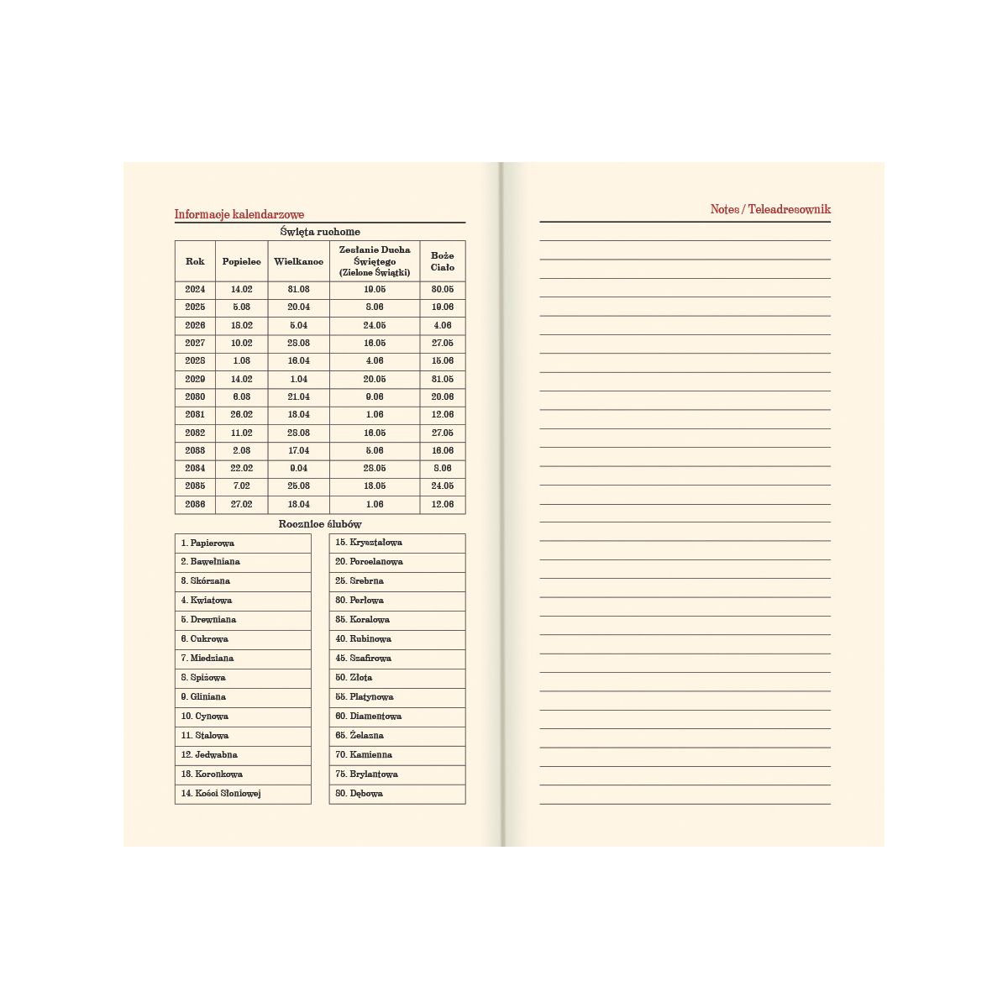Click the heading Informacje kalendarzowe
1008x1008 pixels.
239,214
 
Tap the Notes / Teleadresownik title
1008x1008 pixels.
770,209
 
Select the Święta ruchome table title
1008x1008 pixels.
320,232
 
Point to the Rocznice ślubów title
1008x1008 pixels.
320,524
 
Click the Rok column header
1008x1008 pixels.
195,261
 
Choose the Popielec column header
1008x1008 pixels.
242,261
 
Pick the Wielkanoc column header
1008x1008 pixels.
298,261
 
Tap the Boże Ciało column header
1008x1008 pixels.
443,261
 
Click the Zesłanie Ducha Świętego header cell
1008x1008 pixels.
375,261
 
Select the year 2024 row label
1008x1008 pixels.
195,289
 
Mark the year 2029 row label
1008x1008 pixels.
195,379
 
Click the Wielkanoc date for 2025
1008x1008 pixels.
298,307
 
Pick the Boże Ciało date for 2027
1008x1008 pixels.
443,343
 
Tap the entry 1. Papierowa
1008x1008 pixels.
208,543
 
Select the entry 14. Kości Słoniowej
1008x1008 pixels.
221,793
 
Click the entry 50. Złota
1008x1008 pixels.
354,677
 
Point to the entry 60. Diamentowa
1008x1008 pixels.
368,716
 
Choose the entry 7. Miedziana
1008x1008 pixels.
207,658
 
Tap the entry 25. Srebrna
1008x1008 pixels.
360,580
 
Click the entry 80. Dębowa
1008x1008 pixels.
359,793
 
